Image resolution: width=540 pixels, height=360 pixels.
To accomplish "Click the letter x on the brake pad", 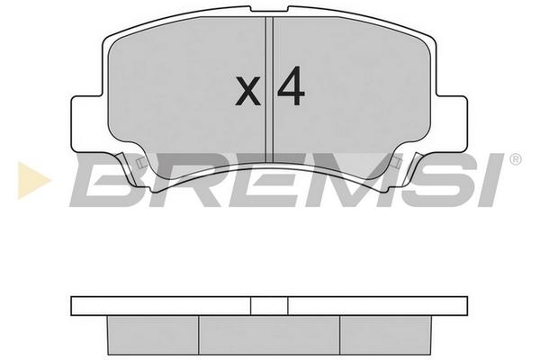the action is [x=247, y=91].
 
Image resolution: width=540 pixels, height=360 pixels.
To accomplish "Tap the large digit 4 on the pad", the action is [x=291, y=86].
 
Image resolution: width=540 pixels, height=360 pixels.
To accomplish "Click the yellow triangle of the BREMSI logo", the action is [x=33, y=180].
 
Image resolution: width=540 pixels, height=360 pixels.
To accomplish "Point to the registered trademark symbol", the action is [x=515, y=159].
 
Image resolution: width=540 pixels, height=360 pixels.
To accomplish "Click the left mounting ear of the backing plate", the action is [x=88, y=123].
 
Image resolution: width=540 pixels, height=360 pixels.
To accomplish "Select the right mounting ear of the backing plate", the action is [x=452, y=123].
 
